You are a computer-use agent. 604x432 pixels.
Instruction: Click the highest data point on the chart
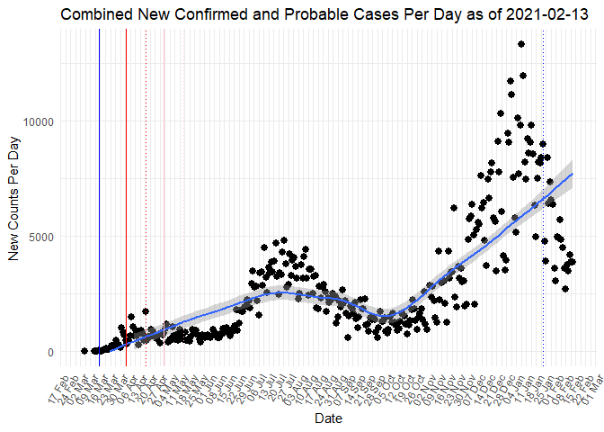tap(521, 44)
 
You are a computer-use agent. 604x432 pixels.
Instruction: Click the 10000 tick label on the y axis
tap(40, 121)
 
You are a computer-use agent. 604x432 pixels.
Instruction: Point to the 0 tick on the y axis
tap(51, 352)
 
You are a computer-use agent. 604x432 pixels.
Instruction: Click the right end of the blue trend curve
tap(572, 174)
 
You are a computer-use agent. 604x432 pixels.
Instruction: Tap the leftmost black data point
tap(84, 351)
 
